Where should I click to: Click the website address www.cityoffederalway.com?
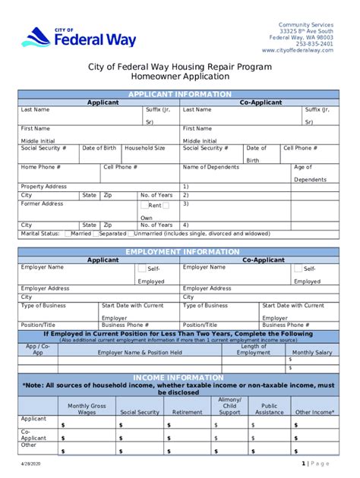pos(297,50)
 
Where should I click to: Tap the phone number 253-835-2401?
pos(314,44)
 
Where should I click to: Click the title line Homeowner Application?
pos(179,77)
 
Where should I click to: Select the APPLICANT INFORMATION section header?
pos(179,94)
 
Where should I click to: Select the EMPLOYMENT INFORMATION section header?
pos(179,251)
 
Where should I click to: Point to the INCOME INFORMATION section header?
pos(179,377)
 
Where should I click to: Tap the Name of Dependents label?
pos(211,167)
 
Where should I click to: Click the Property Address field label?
pos(43,186)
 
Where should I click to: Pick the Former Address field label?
pos(42,203)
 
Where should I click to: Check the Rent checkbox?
pos(144,205)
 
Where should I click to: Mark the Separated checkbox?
pos(95,234)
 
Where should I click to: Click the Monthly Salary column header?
pos(312,352)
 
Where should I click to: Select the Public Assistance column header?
pos(270,409)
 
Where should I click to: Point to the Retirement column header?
pos(187,412)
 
